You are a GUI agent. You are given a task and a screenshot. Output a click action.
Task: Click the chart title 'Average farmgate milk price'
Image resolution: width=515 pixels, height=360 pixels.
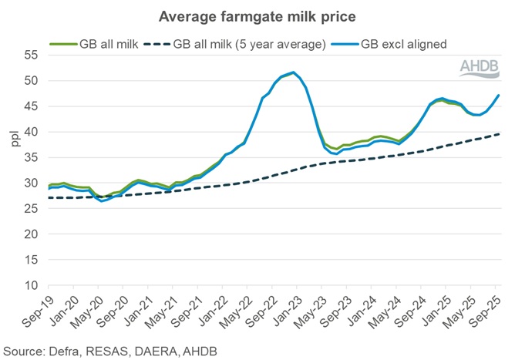(x=257, y=15)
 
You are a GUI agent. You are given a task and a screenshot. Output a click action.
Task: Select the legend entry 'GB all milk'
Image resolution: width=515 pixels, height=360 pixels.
(x=108, y=45)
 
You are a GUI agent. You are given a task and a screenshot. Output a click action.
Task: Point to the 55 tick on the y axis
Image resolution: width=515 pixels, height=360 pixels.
(x=30, y=56)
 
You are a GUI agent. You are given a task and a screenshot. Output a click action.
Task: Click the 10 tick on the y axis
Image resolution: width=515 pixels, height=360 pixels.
(x=30, y=285)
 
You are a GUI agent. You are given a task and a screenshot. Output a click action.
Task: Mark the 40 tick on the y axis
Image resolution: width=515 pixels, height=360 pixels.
(x=30, y=132)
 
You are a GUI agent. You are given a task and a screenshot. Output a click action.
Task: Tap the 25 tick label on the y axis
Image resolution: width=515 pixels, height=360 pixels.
(x=30, y=209)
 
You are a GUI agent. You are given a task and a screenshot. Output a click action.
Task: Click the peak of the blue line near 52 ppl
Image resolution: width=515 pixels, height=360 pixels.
(x=294, y=72)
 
